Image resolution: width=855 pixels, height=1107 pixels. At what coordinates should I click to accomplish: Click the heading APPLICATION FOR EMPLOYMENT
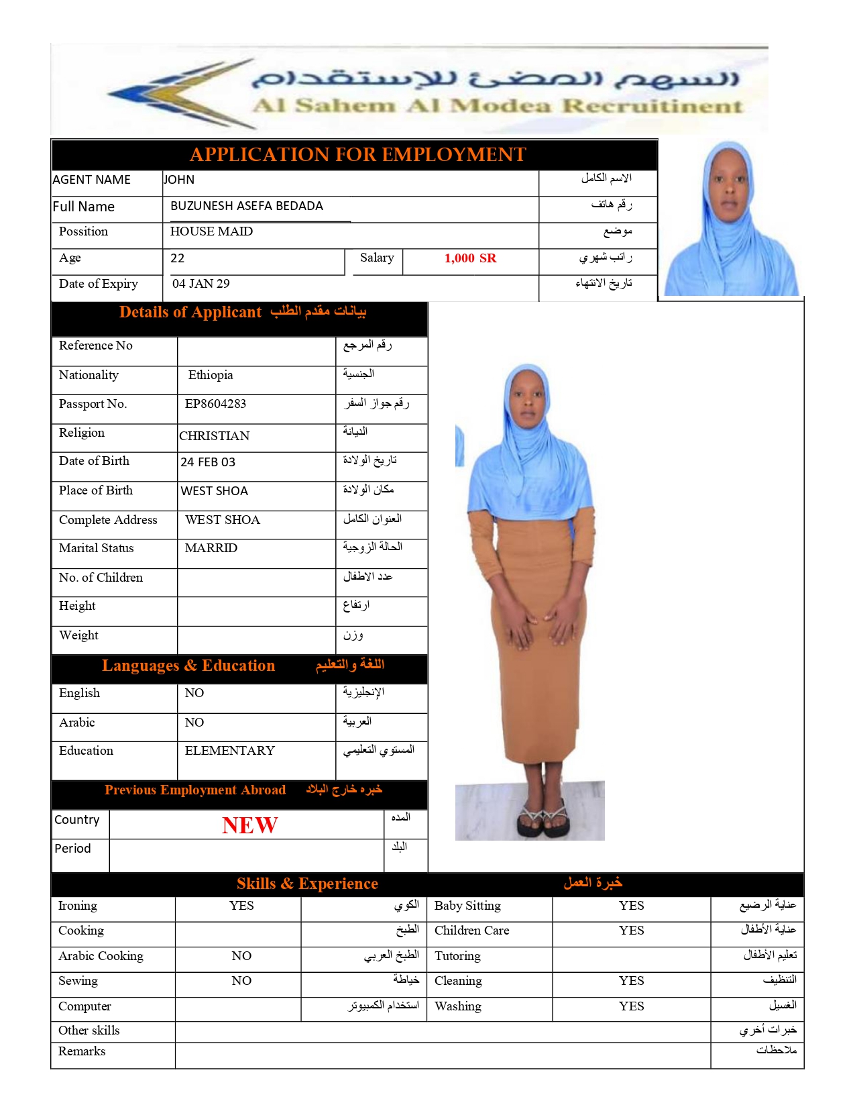pyautogui.click(x=357, y=154)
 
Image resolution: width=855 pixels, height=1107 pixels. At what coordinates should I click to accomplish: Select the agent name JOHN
pyautogui.click(x=179, y=180)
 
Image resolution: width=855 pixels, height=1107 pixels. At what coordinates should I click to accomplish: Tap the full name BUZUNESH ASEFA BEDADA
pyautogui.click(x=247, y=206)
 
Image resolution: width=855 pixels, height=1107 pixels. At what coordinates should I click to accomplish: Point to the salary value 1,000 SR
pyautogui.click(x=470, y=258)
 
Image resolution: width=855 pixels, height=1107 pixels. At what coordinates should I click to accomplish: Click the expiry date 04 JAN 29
pyautogui.click(x=201, y=284)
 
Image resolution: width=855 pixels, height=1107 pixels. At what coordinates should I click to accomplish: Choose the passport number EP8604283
pyautogui.click(x=215, y=404)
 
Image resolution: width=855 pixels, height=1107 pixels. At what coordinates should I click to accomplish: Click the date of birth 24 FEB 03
pyautogui.click(x=208, y=462)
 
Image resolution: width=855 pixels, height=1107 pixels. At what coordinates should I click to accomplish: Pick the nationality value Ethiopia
pyautogui.click(x=211, y=375)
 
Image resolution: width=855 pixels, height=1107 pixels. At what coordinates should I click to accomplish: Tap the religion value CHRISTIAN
pyautogui.click(x=214, y=436)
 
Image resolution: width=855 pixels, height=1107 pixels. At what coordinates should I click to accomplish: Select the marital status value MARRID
pyautogui.click(x=211, y=548)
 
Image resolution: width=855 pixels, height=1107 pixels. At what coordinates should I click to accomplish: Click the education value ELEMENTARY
pyautogui.click(x=229, y=751)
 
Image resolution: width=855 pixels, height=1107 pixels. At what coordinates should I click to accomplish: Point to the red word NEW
pyautogui.click(x=249, y=825)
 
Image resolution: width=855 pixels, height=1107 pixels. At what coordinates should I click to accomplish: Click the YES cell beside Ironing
pyautogui.click(x=241, y=906)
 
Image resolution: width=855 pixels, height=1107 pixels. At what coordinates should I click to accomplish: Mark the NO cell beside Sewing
pyautogui.click(x=241, y=981)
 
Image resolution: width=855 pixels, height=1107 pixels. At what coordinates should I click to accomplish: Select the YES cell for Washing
pyautogui.click(x=631, y=1006)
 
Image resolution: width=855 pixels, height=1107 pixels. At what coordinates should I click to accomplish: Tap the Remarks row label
pyautogui.click(x=82, y=1051)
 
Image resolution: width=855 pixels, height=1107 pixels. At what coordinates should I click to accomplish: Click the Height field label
pyautogui.click(x=77, y=606)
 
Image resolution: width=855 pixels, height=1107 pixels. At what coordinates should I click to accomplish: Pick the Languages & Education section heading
pyautogui.click(x=188, y=666)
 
